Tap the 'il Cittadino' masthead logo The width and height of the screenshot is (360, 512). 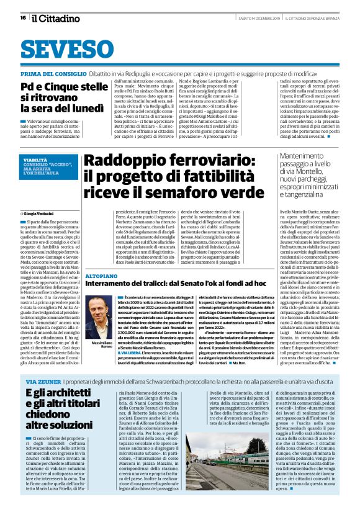click(x=55, y=17)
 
